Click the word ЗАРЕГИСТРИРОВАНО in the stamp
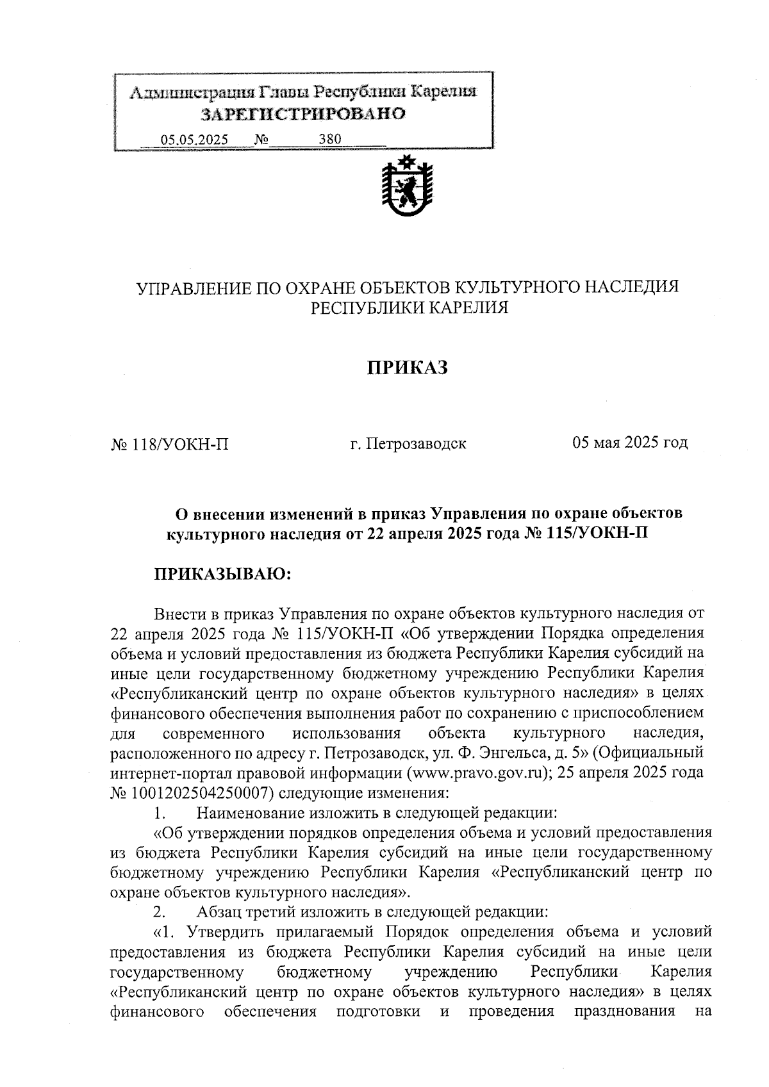(303, 115)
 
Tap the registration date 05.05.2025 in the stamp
(194, 140)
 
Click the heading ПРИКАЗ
(406, 368)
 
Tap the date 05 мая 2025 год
(630, 442)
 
